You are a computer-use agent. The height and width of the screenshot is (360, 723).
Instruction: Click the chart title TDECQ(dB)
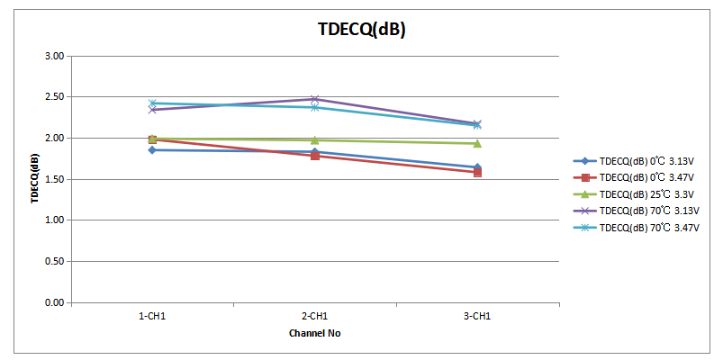tap(361, 29)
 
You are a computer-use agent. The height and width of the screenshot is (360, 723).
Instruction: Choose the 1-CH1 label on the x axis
tap(152, 317)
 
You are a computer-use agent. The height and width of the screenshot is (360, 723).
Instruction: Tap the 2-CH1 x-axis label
tap(314, 317)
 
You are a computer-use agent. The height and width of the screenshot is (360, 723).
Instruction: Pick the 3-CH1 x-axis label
tap(477, 317)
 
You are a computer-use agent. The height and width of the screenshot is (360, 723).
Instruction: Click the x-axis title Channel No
tap(314, 333)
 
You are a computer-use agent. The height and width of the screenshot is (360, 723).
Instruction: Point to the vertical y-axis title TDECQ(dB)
tap(34, 179)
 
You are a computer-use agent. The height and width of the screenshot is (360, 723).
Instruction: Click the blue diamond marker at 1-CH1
tap(152, 150)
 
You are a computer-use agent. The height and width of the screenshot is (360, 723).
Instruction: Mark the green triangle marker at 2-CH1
tap(314, 140)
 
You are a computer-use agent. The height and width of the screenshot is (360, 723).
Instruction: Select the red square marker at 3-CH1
tap(477, 172)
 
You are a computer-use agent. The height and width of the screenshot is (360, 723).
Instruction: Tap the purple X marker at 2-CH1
tap(314, 99)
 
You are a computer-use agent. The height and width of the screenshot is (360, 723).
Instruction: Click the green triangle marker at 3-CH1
tap(477, 143)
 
